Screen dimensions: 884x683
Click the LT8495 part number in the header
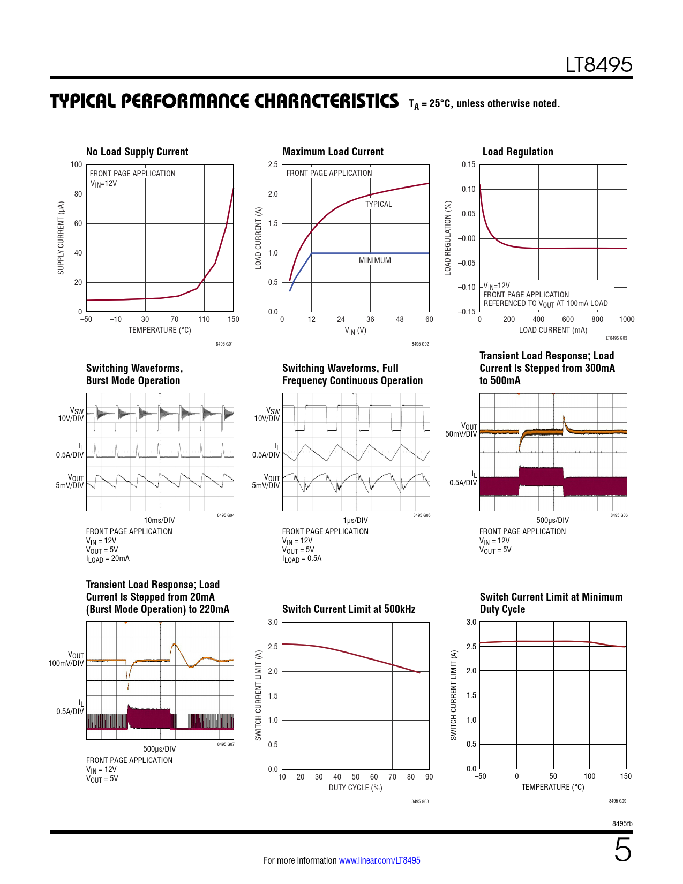pyautogui.click(x=598, y=65)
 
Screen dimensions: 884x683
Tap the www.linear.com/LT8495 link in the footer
pyautogui.click(x=379, y=860)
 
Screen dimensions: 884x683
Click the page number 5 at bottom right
pyautogui.click(x=622, y=850)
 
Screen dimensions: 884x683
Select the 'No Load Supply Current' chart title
pyautogui.click(x=137, y=152)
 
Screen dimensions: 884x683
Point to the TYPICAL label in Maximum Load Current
pyautogui.click(x=379, y=204)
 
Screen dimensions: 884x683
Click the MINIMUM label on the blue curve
pyautogui.click(x=375, y=260)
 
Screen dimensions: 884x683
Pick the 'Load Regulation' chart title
pyautogui.click(x=517, y=152)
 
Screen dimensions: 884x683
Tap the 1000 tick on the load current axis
pyautogui.click(x=626, y=319)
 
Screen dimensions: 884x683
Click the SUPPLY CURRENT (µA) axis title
pyautogui.click(x=61, y=238)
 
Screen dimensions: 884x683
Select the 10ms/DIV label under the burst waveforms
pyautogui.click(x=159, y=520)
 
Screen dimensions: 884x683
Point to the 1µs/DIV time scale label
pyautogui.click(x=355, y=520)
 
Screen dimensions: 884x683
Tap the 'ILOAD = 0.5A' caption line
pyautogui.click(x=302, y=559)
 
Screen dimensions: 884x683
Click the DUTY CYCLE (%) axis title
pyautogui.click(x=355, y=788)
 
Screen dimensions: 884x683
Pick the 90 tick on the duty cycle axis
pyautogui.click(x=429, y=777)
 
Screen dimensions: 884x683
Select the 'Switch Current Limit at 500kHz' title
pyautogui.click(x=349, y=609)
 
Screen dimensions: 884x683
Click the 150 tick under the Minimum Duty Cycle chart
pyautogui.click(x=626, y=776)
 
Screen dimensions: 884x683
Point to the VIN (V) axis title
pyautogui.click(x=355, y=331)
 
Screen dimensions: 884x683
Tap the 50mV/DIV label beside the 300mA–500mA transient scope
pyautogui.click(x=461, y=434)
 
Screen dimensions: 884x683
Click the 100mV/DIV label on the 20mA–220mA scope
pyautogui.click(x=66, y=663)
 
